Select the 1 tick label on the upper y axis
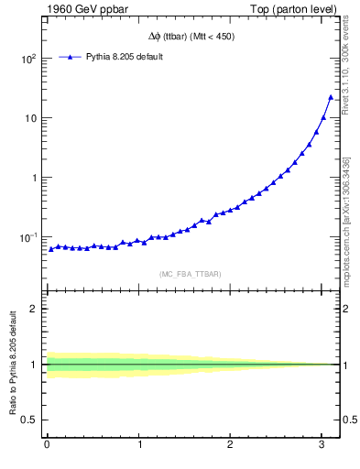click(x=33, y=178)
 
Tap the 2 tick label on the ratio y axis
click(x=33, y=309)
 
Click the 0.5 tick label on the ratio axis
click(x=28, y=420)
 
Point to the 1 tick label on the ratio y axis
click(x=33, y=365)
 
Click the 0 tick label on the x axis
click(x=47, y=445)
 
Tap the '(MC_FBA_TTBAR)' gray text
click(x=190, y=274)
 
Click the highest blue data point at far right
click(x=331, y=97)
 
